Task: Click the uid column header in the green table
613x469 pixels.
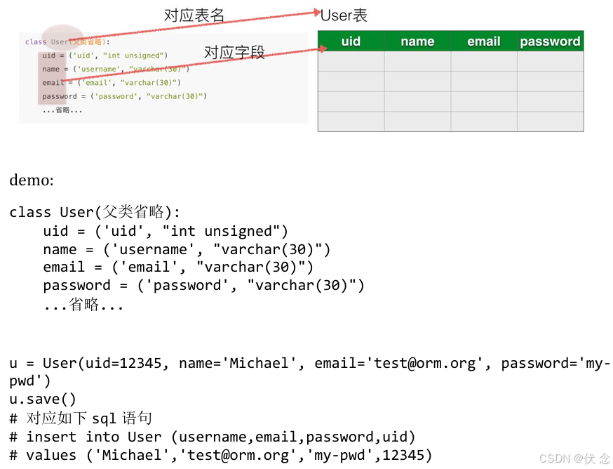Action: coord(351,41)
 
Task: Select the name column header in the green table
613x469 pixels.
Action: coord(417,41)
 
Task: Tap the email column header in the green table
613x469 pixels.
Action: coord(484,41)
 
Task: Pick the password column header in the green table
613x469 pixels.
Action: coord(550,41)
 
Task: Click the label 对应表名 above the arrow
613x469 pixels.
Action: coord(194,15)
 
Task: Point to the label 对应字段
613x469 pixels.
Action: coord(234,53)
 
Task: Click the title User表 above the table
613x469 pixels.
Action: coord(344,15)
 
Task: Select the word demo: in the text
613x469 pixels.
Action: coord(32,180)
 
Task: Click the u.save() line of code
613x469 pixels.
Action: coord(43,399)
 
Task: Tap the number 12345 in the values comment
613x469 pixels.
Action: coord(404,455)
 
